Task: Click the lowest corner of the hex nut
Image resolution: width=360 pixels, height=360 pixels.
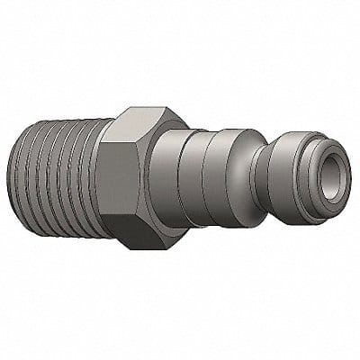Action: point(126,247)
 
